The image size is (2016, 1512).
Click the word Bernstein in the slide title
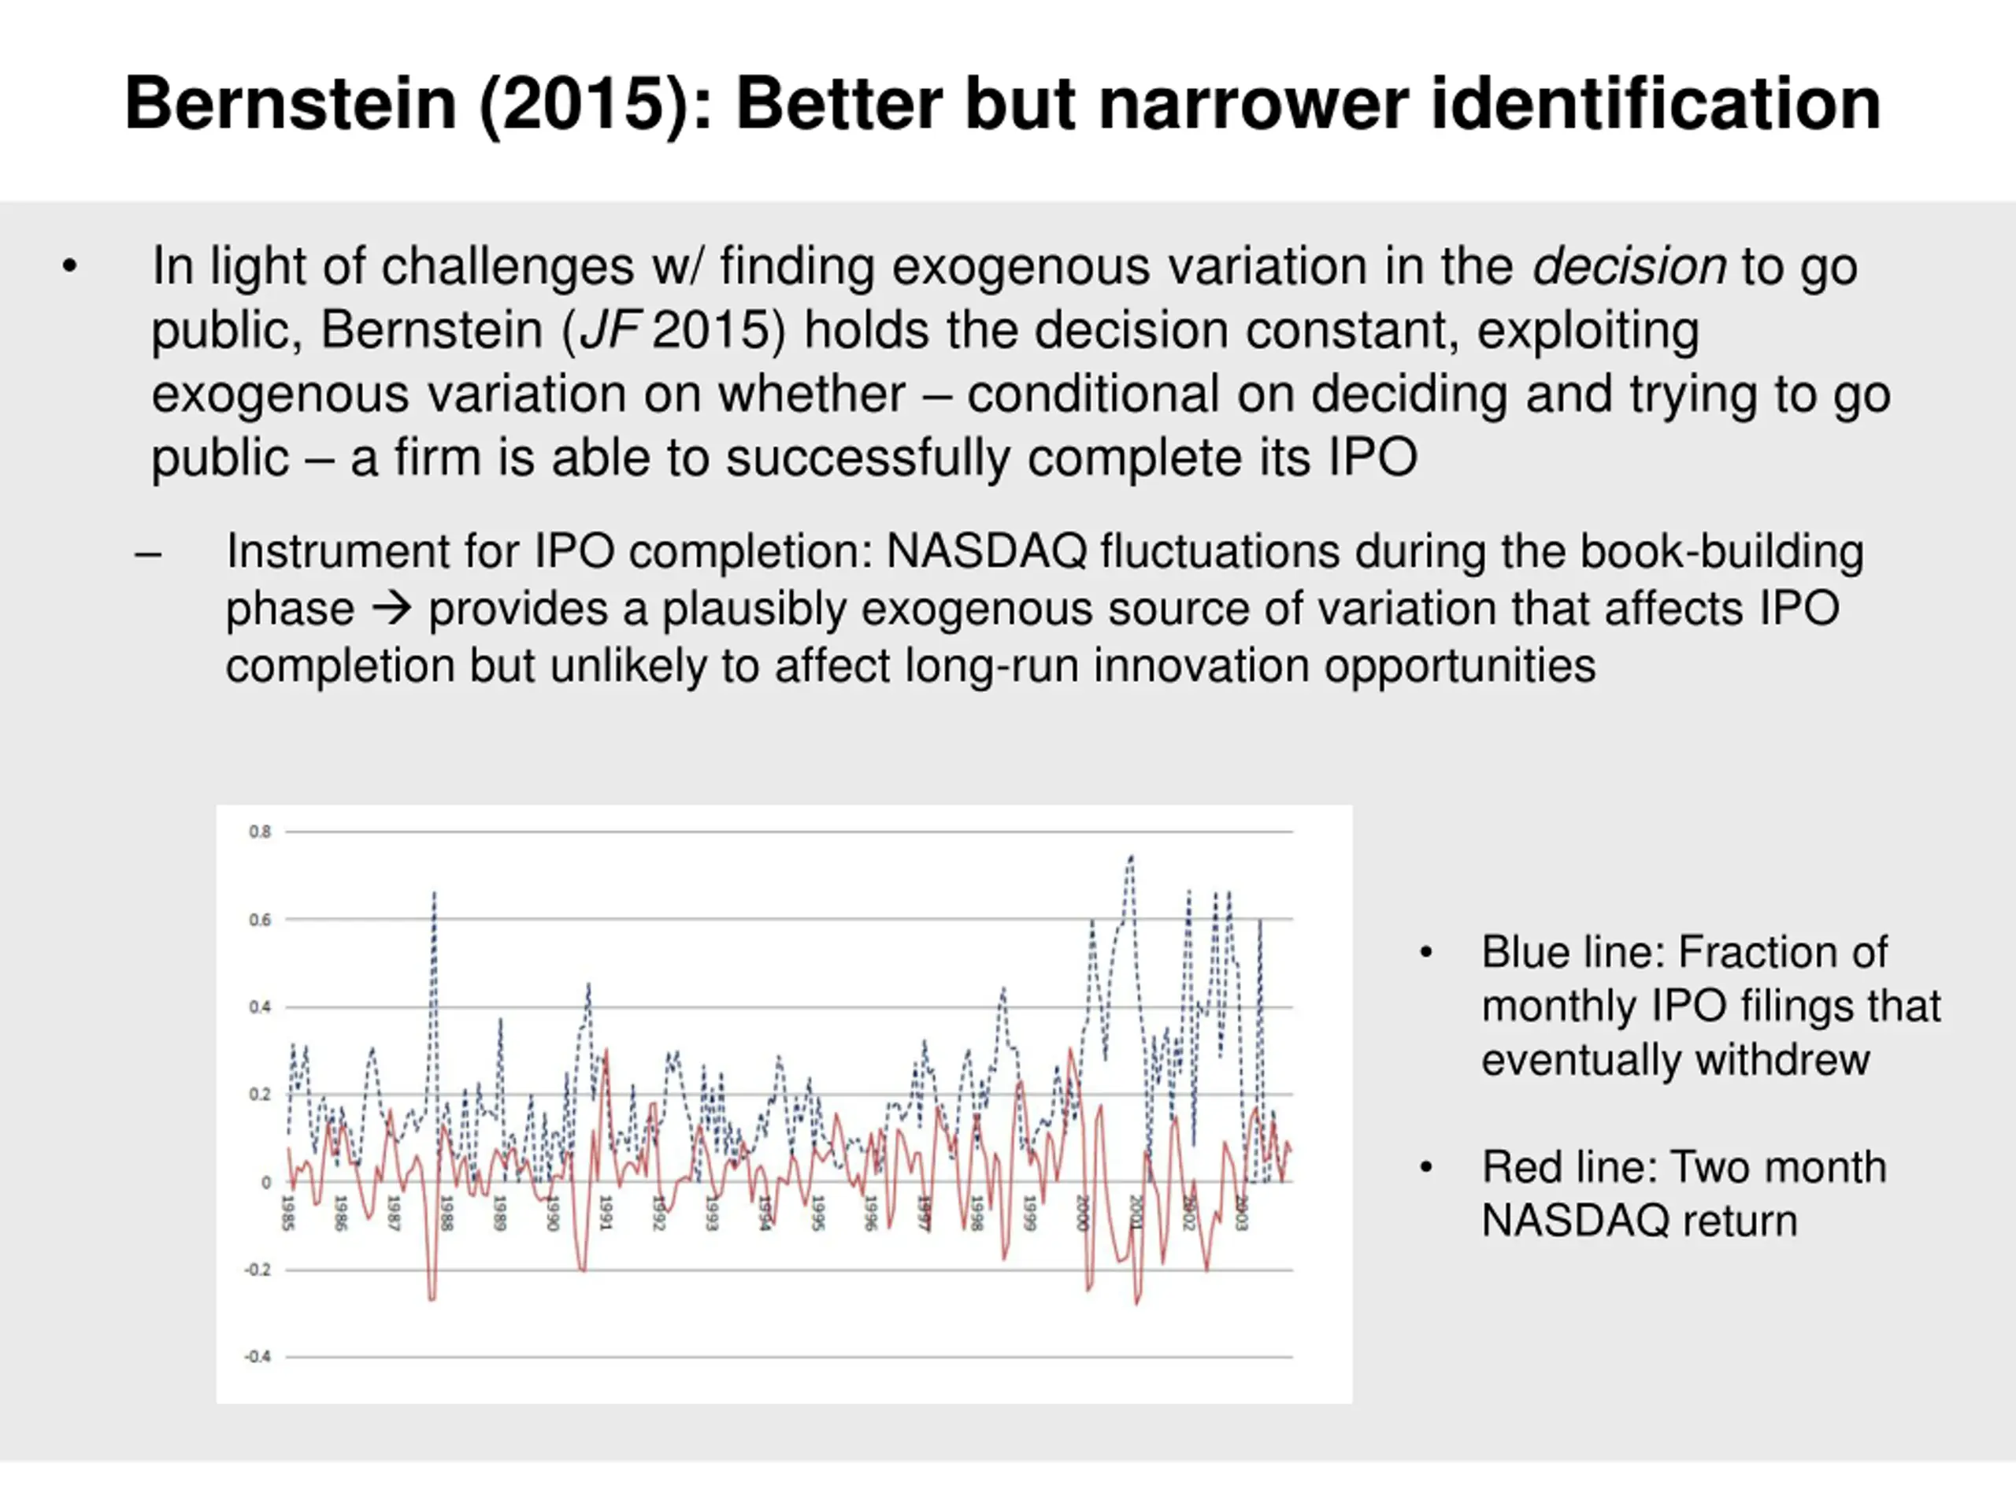[290, 104]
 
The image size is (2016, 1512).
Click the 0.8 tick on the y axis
[260, 831]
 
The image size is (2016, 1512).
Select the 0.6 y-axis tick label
[260, 920]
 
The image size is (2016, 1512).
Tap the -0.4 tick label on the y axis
[258, 1356]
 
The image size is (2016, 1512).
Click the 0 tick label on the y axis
[266, 1182]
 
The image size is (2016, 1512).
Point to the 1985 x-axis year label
[288, 1212]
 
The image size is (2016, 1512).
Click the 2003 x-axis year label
[1240, 1212]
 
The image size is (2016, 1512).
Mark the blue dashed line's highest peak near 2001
[1131, 857]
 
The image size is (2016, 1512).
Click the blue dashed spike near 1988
[434, 894]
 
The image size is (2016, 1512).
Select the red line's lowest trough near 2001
[1136, 1303]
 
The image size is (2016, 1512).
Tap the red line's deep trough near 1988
[432, 1299]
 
